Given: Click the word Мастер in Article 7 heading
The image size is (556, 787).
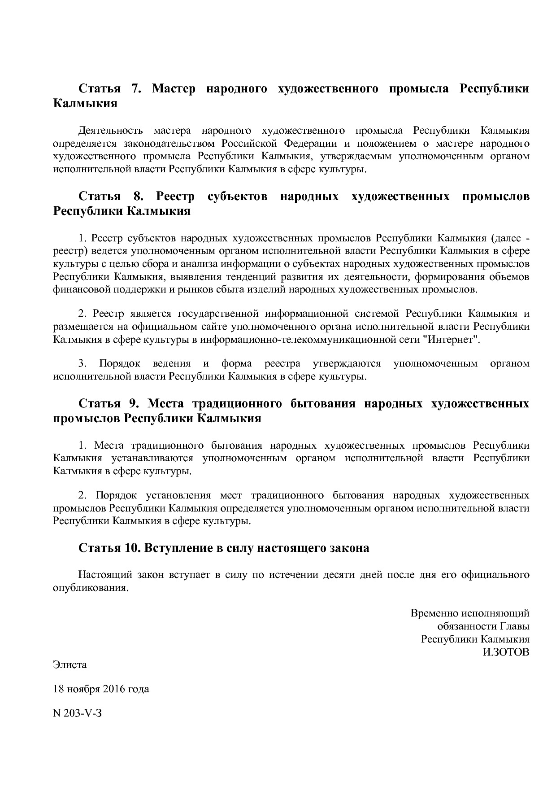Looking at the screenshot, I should coord(174,88).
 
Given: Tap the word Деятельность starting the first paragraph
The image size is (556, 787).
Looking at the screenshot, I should coord(111,131).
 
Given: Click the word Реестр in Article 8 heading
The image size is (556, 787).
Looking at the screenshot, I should coord(176,196).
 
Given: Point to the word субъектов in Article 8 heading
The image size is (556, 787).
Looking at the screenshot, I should coord(238,196).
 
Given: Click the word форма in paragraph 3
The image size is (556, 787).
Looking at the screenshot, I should coord(236,363).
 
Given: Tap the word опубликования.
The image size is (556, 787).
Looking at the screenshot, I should coord(91,588).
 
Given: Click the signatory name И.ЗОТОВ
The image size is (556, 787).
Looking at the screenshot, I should coord(505,652).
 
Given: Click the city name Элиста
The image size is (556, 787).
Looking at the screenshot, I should coord(69,665).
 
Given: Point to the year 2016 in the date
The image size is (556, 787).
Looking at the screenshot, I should coord(113,689).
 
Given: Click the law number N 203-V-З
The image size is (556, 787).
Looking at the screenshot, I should coord(77,713).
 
